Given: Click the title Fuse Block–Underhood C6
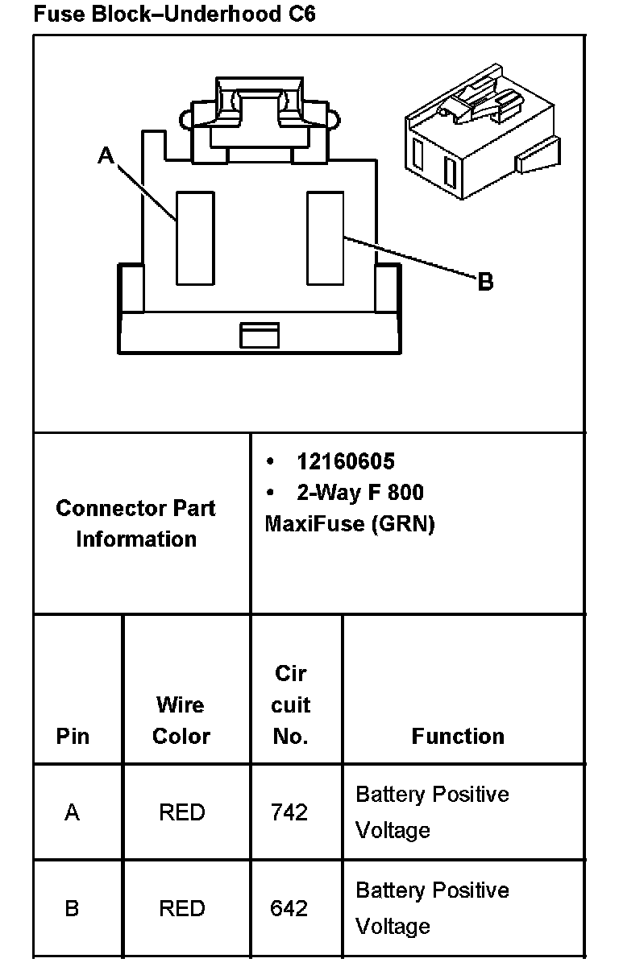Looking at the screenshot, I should coord(174,14).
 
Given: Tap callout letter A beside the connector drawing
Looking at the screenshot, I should coord(106,155).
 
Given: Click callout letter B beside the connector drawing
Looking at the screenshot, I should coord(485,282).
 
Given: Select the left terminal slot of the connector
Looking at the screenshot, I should coord(195,238).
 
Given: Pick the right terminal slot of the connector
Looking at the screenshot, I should coord(326,238).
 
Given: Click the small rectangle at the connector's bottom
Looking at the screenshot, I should coord(260,335).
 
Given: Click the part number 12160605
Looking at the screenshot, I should coord(346,461).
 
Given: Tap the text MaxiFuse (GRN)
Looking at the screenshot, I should coord(350,524).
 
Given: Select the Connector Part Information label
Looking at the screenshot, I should coord(136,523).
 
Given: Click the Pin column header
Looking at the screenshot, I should coord(73,736).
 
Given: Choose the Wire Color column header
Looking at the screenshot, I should coord(181,721).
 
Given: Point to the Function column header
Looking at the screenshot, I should coord(458,736).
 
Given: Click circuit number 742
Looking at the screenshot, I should coord(289,812).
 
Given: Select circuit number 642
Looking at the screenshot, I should coord(289,908).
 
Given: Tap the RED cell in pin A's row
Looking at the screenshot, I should coord(182,812).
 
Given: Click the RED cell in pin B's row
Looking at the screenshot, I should coord(182,908).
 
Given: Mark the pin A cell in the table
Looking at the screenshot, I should coord(73,812).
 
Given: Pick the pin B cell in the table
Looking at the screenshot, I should coord(73,908).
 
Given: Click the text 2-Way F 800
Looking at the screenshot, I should coord(359,493).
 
